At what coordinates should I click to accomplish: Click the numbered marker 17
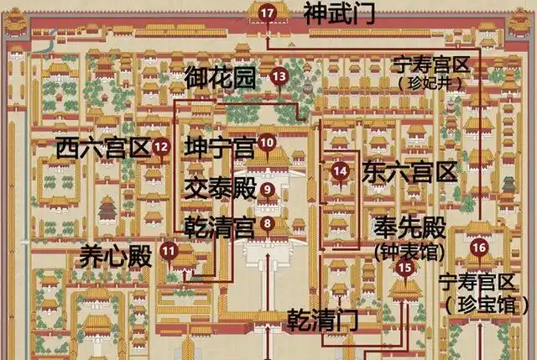[x=267, y=13]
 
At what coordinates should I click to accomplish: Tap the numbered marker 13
[x=279, y=76]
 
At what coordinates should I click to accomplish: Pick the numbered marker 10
[x=268, y=143]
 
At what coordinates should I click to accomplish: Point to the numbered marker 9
[x=268, y=189]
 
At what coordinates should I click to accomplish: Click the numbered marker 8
[x=268, y=223]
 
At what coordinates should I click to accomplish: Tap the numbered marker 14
[x=340, y=170]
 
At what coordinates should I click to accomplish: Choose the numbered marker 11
[x=169, y=249]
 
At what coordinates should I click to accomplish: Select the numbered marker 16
[x=479, y=247]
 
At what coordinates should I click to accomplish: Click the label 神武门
[x=339, y=13]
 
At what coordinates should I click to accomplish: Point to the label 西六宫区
[x=103, y=149]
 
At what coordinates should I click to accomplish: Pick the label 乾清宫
[x=220, y=226]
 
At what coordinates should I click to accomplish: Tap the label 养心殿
[x=116, y=256]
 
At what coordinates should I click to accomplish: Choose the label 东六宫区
[x=410, y=174]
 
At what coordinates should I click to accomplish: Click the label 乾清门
[x=322, y=320]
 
